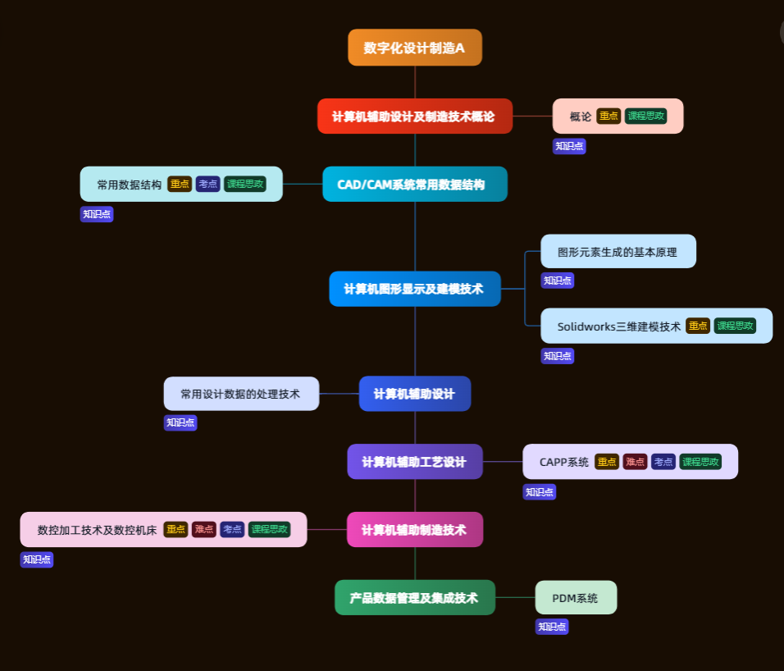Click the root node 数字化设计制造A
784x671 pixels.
click(414, 48)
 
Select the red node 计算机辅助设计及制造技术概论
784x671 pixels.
click(414, 116)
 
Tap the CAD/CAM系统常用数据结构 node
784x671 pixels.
click(414, 185)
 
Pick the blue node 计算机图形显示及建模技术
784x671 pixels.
click(414, 289)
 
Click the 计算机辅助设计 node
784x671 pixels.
click(414, 394)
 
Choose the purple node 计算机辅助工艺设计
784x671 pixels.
click(414, 462)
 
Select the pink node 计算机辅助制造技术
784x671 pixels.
click(414, 530)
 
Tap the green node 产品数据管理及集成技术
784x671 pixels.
click(414, 598)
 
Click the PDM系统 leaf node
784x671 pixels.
click(575, 598)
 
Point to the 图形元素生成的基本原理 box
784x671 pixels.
click(618, 252)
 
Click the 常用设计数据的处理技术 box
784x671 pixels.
click(240, 394)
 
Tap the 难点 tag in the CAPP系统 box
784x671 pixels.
click(635, 462)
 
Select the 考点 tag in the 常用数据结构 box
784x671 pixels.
click(207, 185)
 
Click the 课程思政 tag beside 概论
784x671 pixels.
click(645, 116)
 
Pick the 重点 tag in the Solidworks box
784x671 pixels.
click(698, 326)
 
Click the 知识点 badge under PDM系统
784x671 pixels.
click(552, 627)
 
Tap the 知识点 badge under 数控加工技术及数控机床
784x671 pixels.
click(37, 559)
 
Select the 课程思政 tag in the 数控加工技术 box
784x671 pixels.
click(269, 530)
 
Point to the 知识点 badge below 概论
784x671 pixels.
click(569, 146)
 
